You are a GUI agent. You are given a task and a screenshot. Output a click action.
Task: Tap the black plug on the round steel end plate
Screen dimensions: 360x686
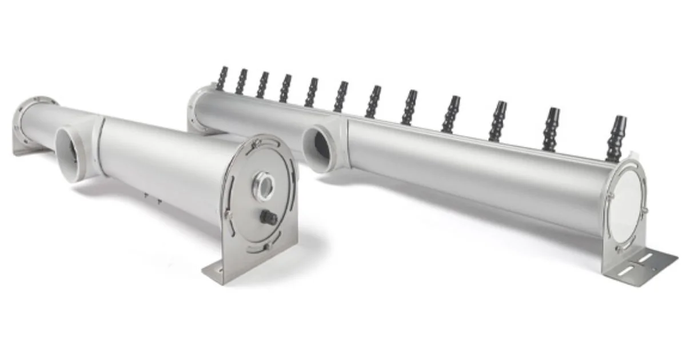coord(268,217)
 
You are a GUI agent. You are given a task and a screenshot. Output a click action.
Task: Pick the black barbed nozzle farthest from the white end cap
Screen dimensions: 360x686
coord(222,78)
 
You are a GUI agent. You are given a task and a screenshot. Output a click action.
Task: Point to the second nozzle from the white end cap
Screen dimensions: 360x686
coord(553,129)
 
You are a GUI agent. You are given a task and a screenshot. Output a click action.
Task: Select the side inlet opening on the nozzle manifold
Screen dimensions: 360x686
coord(317,148)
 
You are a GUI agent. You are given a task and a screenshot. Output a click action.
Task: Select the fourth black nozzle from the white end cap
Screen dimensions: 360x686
coord(450,114)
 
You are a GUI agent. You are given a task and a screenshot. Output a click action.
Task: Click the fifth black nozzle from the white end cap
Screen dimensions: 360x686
coord(409,107)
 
